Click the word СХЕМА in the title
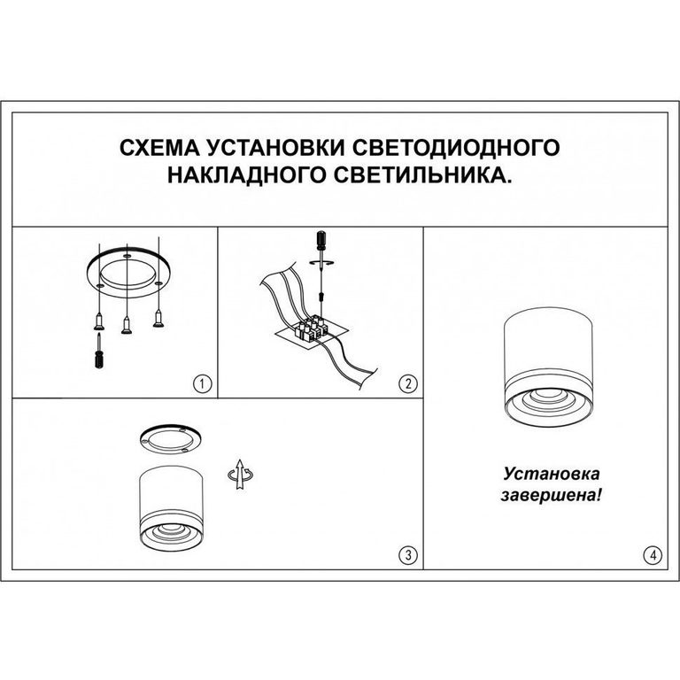coord(159,148)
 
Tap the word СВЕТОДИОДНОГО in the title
coord(455,148)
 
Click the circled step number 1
coord(203,383)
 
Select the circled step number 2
coord(407,383)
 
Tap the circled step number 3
coord(407,554)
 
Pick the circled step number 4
coord(653,554)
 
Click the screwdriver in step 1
coord(99,351)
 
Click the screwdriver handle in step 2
coord(321,241)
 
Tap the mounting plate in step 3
coord(170,438)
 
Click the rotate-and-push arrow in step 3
coord(240,474)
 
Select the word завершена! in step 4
coord(551,495)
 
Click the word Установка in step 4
coord(552,473)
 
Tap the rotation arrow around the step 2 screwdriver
coord(321,262)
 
